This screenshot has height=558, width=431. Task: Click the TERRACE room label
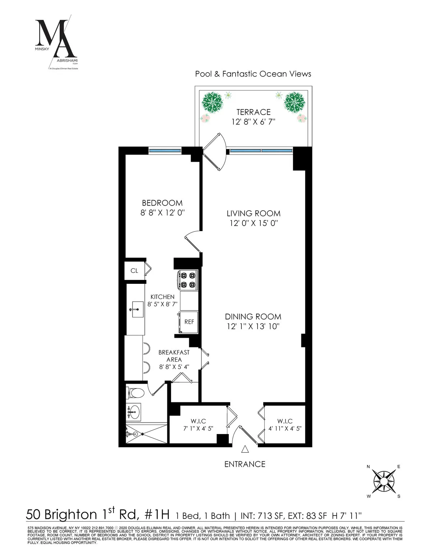253,112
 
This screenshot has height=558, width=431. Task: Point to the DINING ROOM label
253,317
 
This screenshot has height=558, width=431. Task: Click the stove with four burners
187,280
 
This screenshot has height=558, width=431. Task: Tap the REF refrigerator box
189,322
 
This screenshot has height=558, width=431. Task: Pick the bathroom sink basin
134,411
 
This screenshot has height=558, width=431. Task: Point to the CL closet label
134,271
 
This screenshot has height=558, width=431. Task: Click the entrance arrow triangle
245,449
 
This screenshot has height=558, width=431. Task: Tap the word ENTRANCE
245,464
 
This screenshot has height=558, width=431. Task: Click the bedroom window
165,151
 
